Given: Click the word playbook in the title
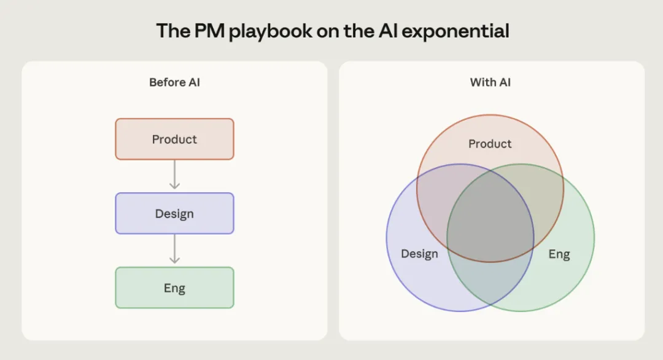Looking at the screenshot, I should click(x=271, y=31).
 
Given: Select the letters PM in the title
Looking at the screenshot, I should click(x=207, y=31).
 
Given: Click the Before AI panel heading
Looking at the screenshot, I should click(x=174, y=82).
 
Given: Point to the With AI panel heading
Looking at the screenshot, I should click(x=490, y=82).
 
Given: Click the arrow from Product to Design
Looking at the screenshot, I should click(x=174, y=175).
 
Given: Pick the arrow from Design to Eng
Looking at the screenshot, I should click(x=174, y=249).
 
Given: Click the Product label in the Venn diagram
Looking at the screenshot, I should click(x=490, y=144).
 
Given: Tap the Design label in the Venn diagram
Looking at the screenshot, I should click(x=419, y=254).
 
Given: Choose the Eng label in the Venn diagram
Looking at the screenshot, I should click(x=559, y=254).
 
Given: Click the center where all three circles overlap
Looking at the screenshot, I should click(x=490, y=221).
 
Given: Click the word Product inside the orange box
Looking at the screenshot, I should click(x=174, y=139).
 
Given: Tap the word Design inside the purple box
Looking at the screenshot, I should click(x=174, y=214).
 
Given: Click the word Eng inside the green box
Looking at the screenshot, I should click(x=174, y=288).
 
